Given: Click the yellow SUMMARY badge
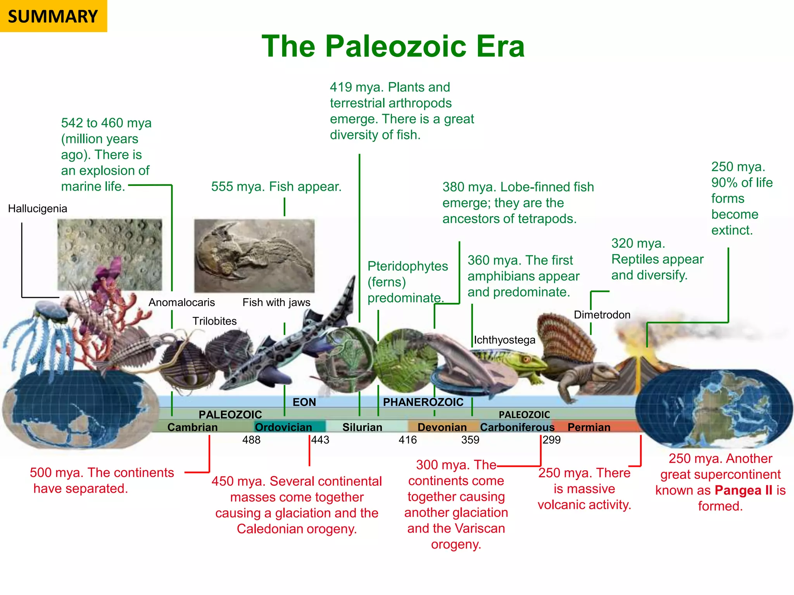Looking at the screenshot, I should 53,16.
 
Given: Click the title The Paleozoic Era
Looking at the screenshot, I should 393,46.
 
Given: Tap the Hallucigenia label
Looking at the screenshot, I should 38,208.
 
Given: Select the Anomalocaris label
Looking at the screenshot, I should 181,302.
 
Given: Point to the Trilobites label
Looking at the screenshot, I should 214,321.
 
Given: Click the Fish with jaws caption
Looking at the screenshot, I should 276,302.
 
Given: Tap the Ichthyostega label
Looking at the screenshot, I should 504,340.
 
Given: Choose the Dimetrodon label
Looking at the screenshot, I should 602,315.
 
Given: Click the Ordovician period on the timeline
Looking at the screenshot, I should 283,427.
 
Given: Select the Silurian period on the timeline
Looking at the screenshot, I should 362,427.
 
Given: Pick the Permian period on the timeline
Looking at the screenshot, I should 589,427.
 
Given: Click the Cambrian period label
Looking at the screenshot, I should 192,427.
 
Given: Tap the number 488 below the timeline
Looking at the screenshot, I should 251,440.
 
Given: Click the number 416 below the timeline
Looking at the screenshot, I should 407,440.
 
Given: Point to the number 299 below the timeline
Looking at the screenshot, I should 552,440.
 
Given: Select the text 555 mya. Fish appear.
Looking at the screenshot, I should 276,186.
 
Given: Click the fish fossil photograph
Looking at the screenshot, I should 254,256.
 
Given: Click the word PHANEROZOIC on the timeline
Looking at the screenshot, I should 423,402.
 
